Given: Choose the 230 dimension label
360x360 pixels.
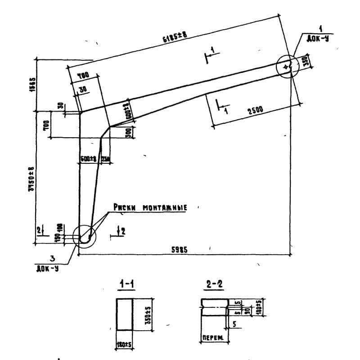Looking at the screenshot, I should pyautogui.click(x=107, y=158).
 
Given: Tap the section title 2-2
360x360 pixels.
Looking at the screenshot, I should pyautogui.click(x=215, y=284).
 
